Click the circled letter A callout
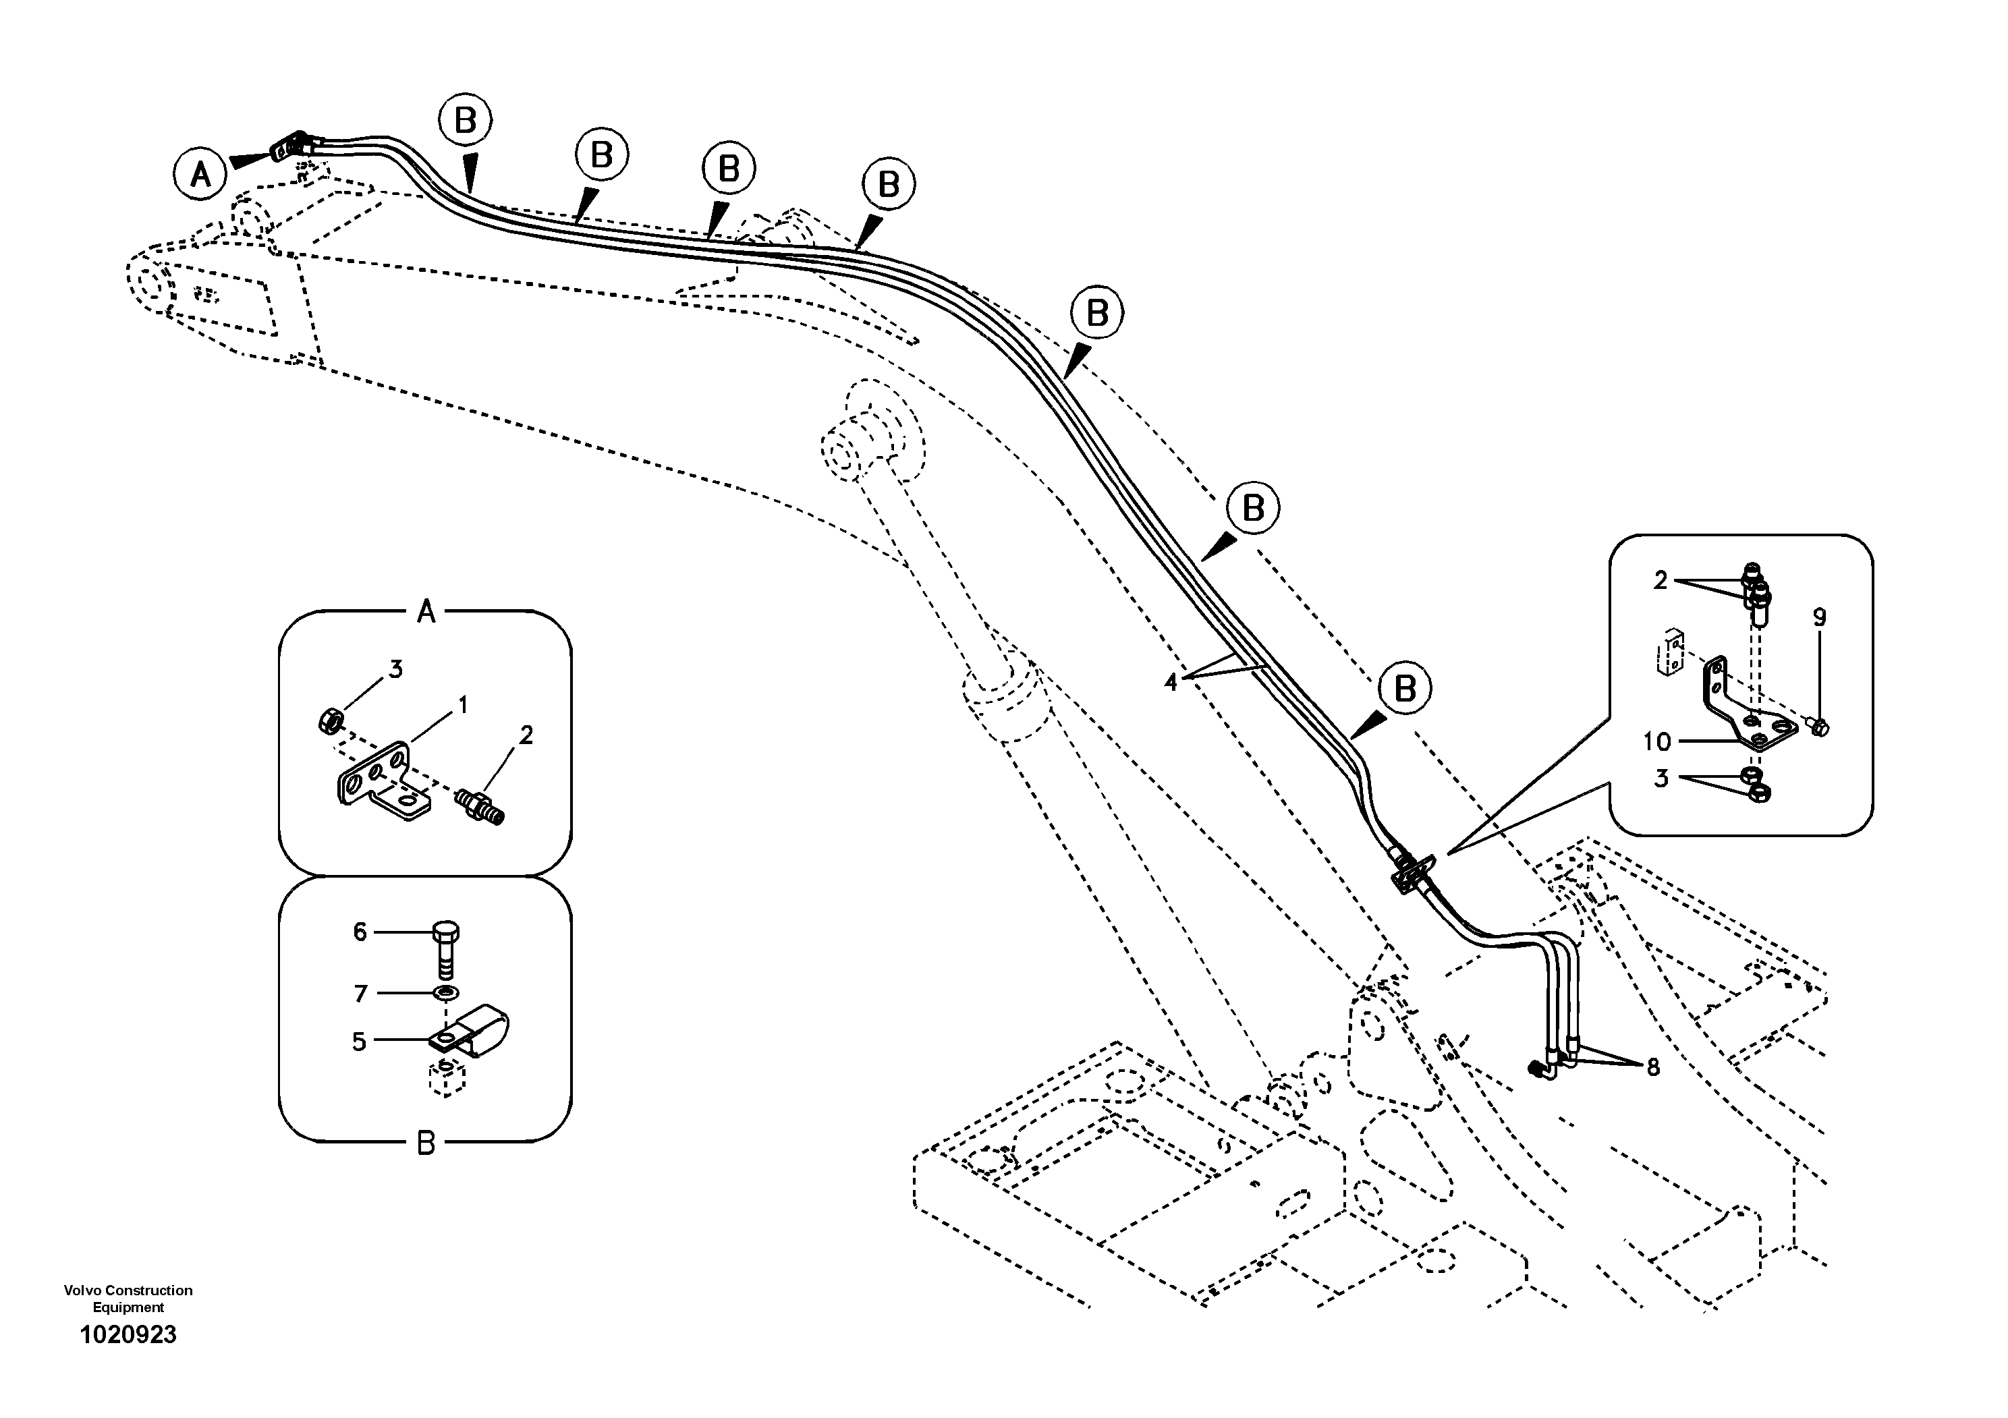click(200, 175)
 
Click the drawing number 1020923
click(128, 1335)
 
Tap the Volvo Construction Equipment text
click(128, 1298)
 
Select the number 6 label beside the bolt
click(360, 932)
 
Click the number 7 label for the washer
click(360, 993)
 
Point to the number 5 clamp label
click(358, 1041)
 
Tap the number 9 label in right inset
click(1820, 617)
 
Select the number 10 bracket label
click(1657, 741)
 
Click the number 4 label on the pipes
click(1171, 682)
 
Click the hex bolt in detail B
click(446, 948)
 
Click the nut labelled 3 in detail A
click(328, 722)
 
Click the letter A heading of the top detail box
click(426, 611)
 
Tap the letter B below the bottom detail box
click(426, 1143)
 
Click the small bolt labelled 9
click(1816, 726)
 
